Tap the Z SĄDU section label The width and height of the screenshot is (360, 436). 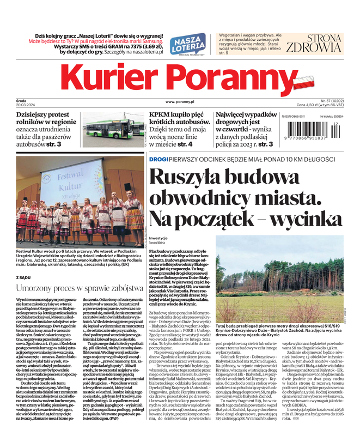tap(23, 277)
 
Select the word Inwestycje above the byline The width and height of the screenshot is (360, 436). tap(158, 238)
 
